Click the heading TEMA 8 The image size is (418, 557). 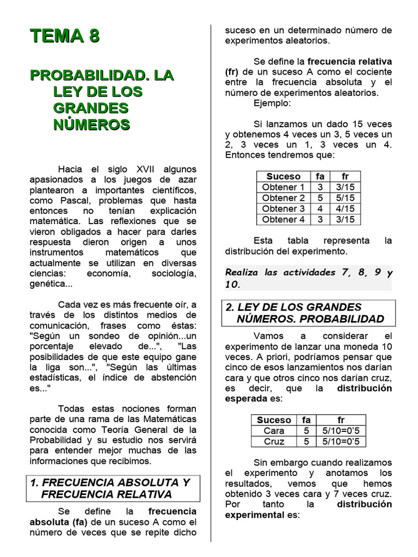pos(65,36)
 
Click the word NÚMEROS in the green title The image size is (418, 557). pos(91,125)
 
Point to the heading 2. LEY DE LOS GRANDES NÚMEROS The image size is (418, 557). pos(308,313)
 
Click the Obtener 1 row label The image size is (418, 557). pos(283,187)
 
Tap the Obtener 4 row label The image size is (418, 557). pos(283,220)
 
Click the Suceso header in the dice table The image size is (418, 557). pos(283,176)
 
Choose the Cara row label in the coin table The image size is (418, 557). pos(274,431)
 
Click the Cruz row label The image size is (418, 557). pos(274,442)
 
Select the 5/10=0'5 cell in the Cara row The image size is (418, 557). pos(341,431)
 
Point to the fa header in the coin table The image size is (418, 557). pos(306,420)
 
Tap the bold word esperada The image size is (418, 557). pos(250,399)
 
